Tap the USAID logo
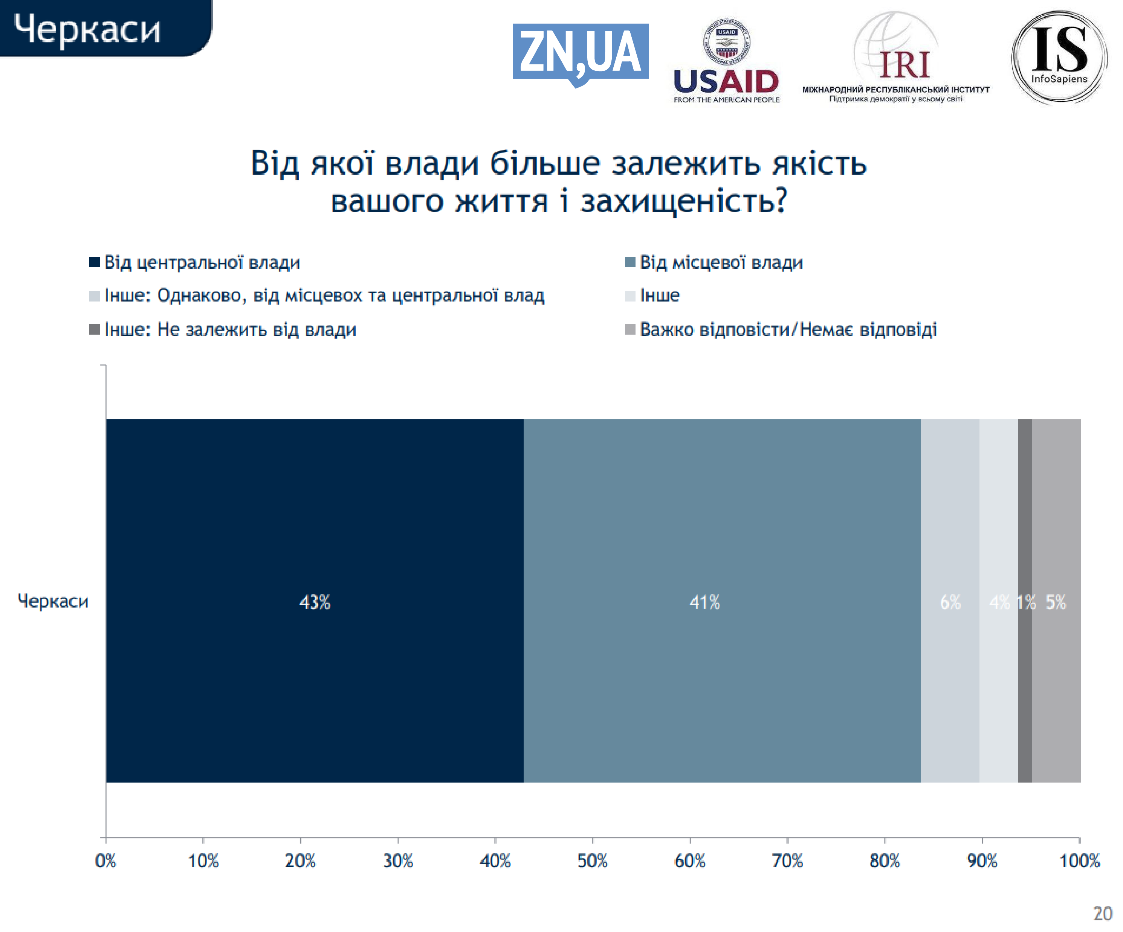tap(726, 61)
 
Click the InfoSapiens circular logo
tap(1059, 57)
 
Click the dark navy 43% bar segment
tap(315, 601)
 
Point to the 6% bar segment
tap(950, 601)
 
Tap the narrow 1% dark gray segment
tap(1025, 601)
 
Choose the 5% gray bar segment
tap(1056, 601)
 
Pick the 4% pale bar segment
tap(998, 601)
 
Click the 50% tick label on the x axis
tap(593, 861)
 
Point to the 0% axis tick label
tap(105, 861)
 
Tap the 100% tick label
tap(1079, 861)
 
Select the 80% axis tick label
tap(885, 861)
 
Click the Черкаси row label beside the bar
tap(53, 601)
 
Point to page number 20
tap(1103, 913)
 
